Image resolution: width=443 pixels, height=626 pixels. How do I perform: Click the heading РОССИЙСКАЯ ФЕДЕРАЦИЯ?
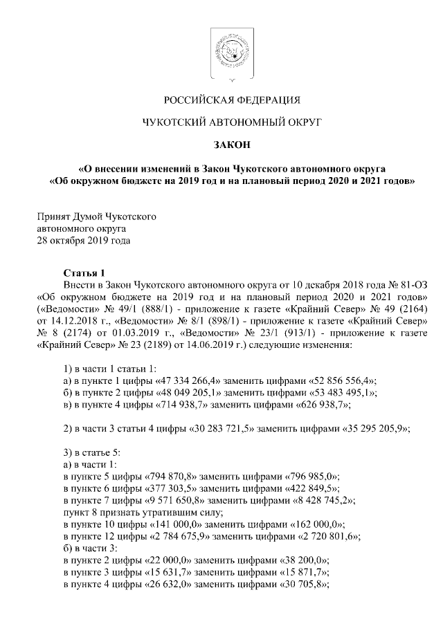click(x=221, y=98)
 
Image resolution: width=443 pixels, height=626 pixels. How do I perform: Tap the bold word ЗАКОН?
click(x=221, y=145)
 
